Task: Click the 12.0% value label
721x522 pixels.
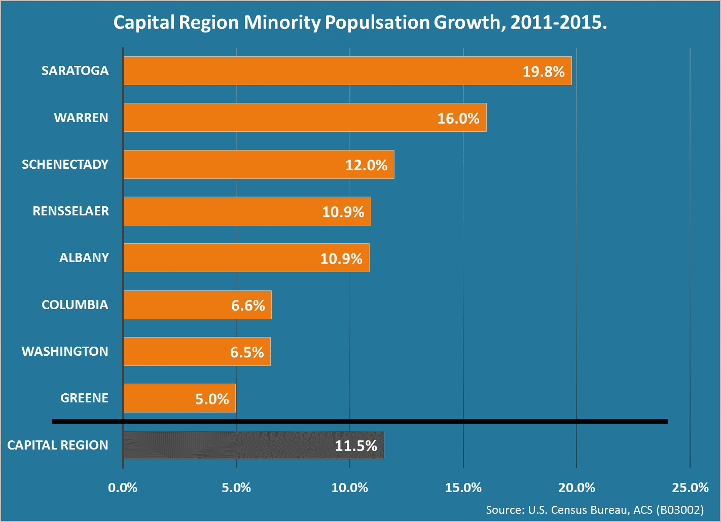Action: [366, 165]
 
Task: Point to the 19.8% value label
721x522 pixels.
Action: [544, 71]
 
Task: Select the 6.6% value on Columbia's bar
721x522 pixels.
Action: [248, 306]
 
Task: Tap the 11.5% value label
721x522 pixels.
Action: [356, 446]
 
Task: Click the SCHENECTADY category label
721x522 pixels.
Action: [65, 164]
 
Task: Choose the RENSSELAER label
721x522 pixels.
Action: [70, 211]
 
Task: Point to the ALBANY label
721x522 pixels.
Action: [84, 257]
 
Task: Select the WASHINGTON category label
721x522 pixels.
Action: [65, 351]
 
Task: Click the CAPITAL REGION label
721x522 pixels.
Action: [58, 445]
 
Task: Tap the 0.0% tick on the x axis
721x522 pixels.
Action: [123, 488]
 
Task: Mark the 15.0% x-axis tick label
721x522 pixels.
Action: [463, 488]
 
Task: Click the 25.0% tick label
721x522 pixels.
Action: [690, 488]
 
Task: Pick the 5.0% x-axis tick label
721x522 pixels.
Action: [236, 488]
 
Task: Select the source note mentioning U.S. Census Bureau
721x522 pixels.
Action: [595, 510]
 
